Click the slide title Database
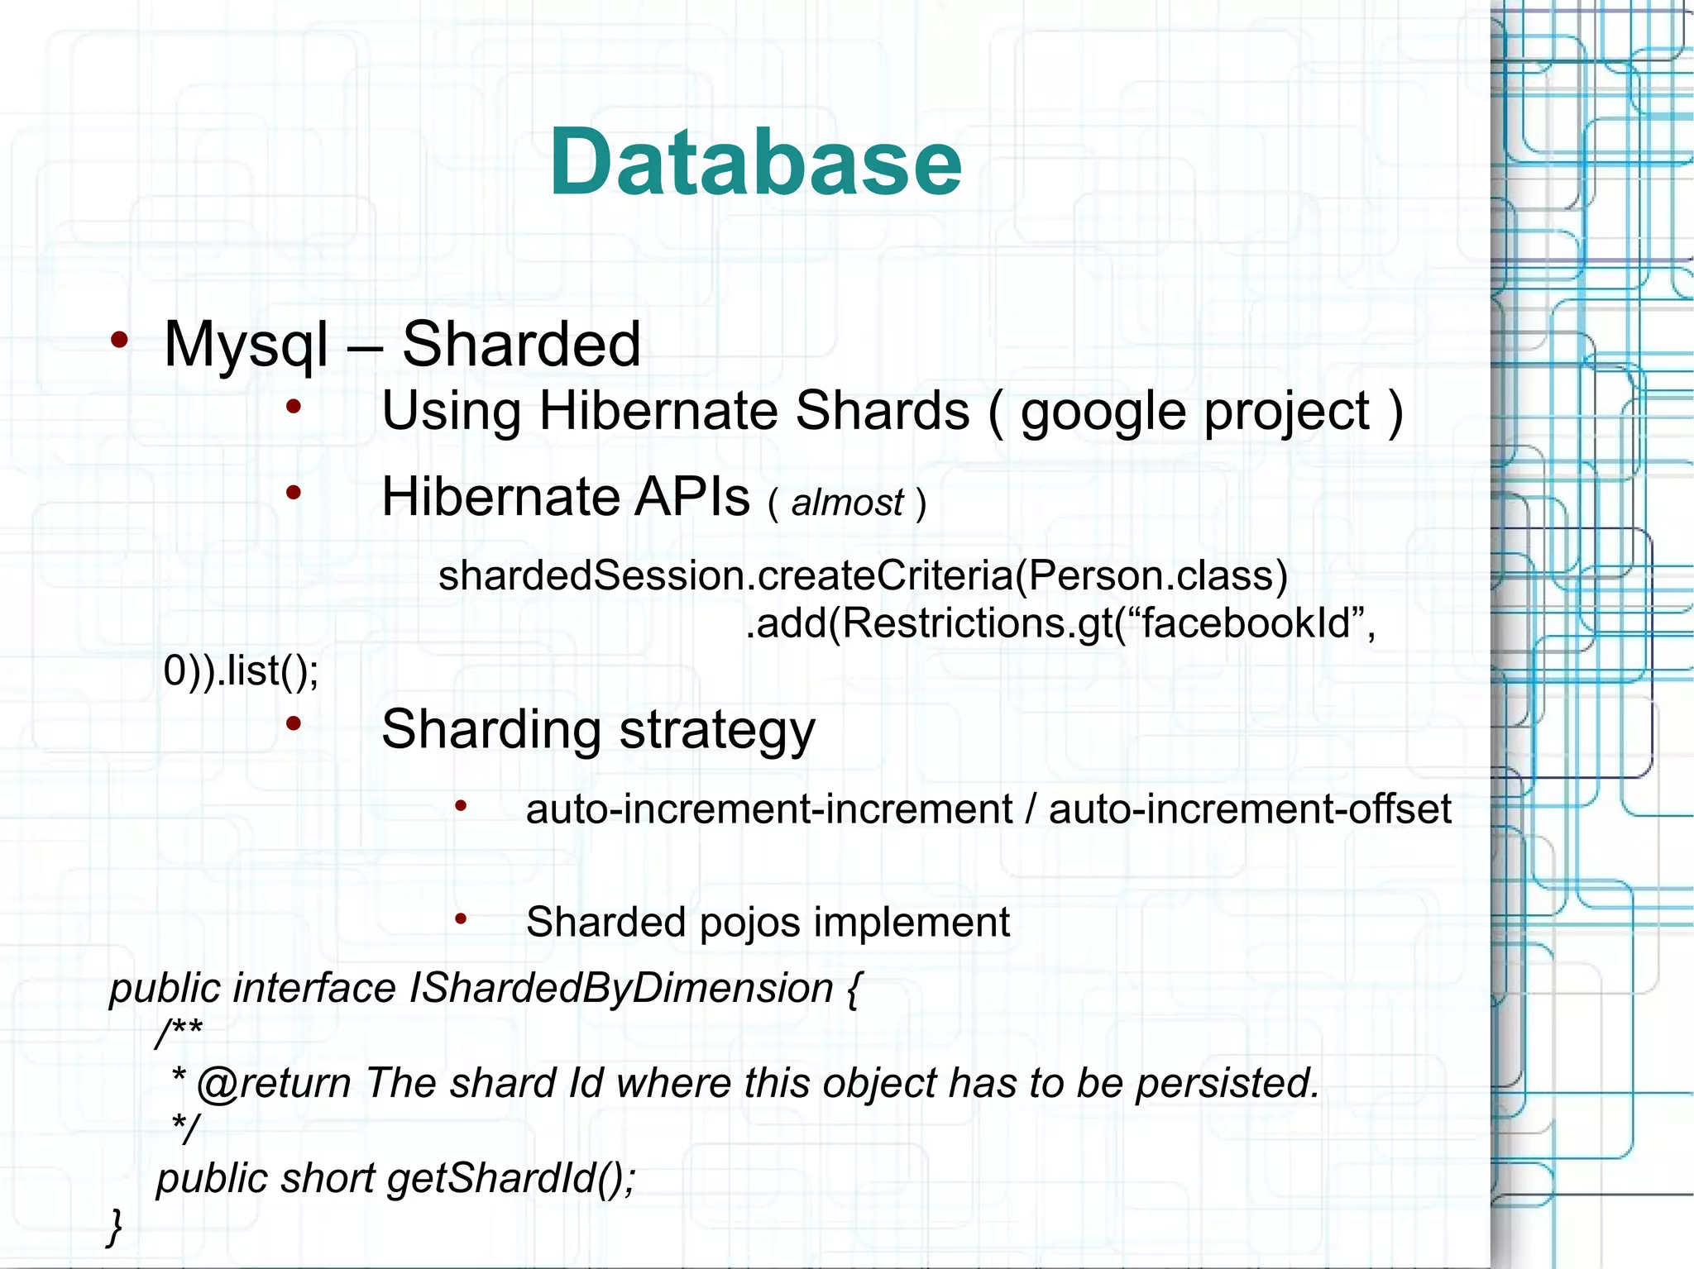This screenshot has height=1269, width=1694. click(x=755, y=163)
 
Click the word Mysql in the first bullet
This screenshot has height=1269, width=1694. click(x=246, y=345)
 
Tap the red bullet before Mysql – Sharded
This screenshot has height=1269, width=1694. click(x=120, y=340)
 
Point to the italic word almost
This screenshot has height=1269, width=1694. click(x=847, y=503)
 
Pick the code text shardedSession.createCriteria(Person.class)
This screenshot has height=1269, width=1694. click(x=863, y=575)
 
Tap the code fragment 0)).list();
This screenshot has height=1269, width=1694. click(x=241, y=670)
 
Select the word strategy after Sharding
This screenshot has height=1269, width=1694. click(x=716, y=731)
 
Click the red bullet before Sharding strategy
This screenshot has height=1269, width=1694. click(x=293, y=724)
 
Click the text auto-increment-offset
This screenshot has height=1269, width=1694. click(x=1250, y=809)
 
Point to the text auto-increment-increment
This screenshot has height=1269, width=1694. click(x=768, y=809)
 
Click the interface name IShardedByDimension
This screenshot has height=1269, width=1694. click(x=620, y=989)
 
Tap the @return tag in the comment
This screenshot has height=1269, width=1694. click(x=274, y=1083)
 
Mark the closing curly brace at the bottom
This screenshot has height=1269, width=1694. click(x=115, y=1226)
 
